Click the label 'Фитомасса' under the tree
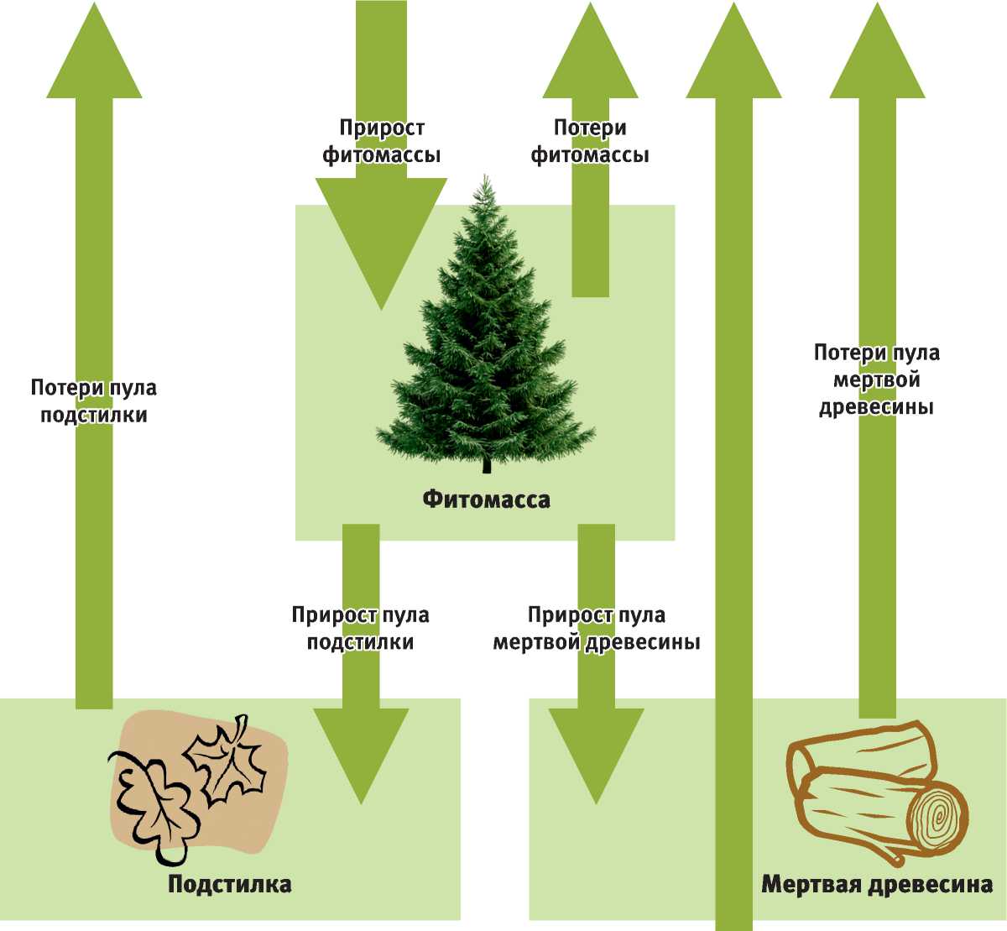click(x=486, y=500)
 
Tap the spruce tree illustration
click(x=485, y=336)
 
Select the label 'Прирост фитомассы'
click(x=381, y=141)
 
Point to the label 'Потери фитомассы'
click(x=590, y=141)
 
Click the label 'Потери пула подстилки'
click(x=94, y=401)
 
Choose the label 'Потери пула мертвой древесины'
click(x=877, y=379)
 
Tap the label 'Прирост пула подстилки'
click(x=360, y=628)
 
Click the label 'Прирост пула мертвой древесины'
click(x=596, y=628)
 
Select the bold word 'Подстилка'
click(x=229, y=884)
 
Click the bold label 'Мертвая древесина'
click(x=876, y=885)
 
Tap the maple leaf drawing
click(x=227, y=760)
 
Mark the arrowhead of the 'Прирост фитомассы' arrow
click(x=380, y=243)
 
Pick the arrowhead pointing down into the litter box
click(x=361, y=751)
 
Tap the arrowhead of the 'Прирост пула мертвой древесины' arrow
click(x=596, y=751)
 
